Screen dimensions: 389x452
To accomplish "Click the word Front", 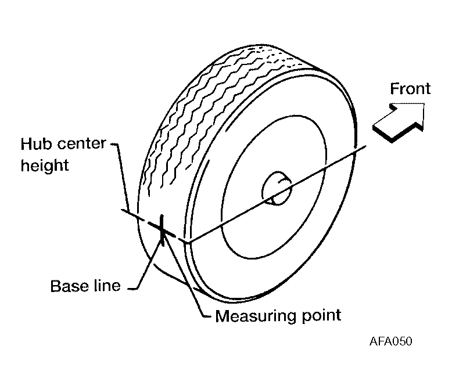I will coord(410,89).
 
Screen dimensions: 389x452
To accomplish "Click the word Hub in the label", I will coord(35,143).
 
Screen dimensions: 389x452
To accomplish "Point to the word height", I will coord(45,166).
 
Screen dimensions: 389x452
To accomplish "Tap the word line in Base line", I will coord(105,286).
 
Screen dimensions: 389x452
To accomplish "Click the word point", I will coord(320,316).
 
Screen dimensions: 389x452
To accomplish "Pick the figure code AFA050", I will coord(390,341).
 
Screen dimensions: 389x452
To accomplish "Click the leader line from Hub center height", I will coord(119,174).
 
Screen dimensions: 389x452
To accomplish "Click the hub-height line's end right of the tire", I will coord(365,146).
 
